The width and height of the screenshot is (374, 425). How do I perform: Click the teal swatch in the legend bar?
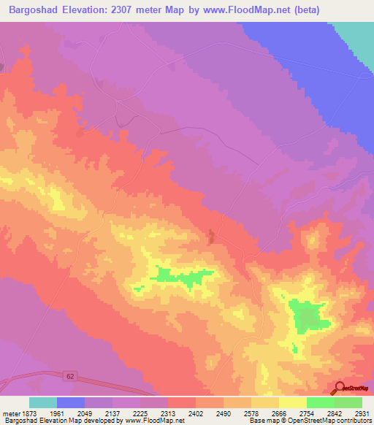pos(43,402)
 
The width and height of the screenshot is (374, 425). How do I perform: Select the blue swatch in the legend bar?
pos(71,402)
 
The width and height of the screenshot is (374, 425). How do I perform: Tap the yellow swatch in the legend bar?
pos(293,402)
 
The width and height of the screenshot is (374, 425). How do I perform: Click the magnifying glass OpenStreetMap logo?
pos(338,388)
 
